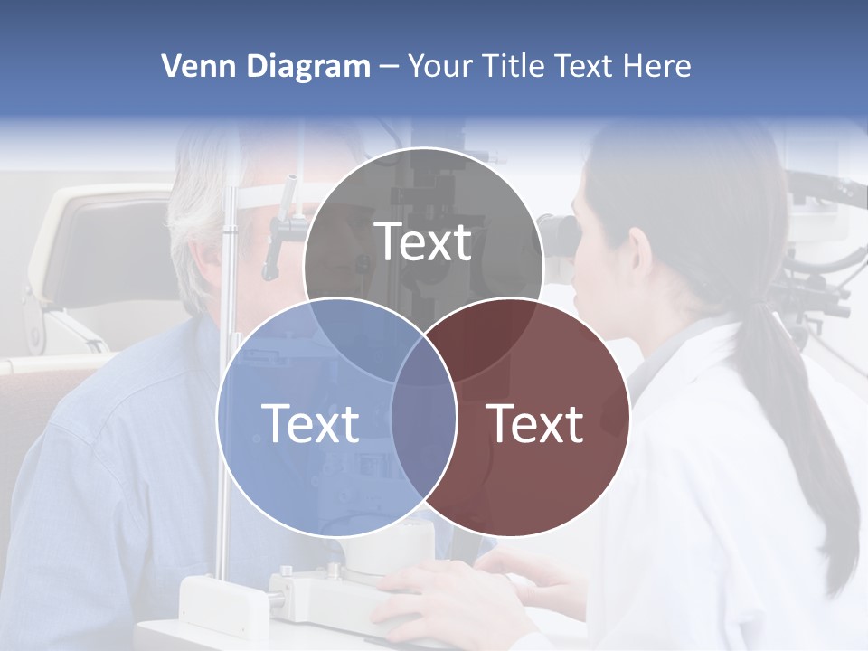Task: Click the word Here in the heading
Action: click(x=658, y=66)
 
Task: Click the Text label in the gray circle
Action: click(x=423, y=241)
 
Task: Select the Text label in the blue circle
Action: click(x=310, y=423)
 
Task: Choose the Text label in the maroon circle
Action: click(x=535, y=423)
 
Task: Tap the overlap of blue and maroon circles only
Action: click(x=423, y=443)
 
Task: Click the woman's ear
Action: click(x=639, y=249)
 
